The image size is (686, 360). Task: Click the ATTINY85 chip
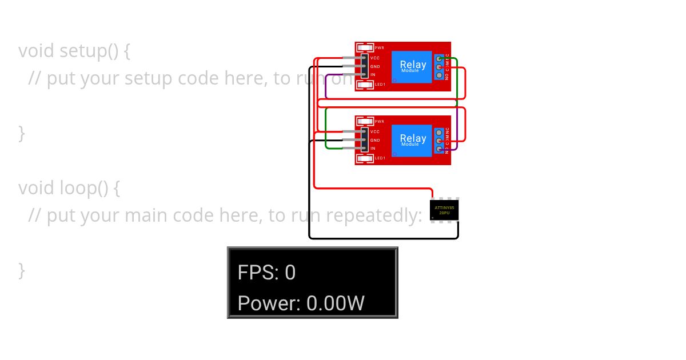445,210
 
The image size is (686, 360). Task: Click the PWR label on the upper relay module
379,48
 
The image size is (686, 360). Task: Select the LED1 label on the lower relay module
380,158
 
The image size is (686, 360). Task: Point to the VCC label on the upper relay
375,58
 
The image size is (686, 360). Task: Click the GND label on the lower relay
375,140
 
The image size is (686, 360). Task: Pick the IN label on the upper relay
373,75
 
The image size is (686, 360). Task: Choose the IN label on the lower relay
373,149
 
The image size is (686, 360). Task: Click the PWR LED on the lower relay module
364,122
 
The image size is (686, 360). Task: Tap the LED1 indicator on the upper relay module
364,85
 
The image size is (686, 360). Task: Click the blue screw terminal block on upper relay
439,67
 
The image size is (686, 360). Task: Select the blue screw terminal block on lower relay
439,140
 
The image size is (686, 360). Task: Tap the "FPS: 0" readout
266,273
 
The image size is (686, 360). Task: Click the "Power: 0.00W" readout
301,303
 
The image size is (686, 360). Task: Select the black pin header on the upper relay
364,66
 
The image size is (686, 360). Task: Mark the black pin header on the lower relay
364,140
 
